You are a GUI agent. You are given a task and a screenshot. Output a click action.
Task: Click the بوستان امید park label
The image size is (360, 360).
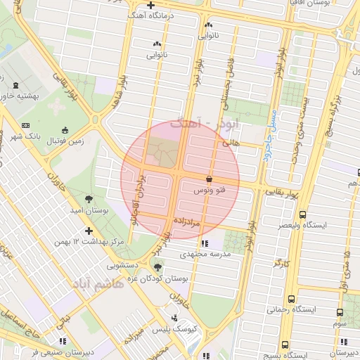90,210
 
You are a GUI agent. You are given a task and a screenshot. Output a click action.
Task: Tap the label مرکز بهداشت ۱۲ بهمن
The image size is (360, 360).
88,242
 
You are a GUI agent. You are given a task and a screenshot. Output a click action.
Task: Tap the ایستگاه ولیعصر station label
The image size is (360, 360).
325,225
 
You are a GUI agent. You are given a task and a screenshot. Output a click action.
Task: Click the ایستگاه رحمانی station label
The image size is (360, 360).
316,309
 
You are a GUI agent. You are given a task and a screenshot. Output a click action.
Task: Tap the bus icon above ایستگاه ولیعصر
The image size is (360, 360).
302,215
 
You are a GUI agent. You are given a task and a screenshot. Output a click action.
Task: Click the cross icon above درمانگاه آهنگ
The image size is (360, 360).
150,5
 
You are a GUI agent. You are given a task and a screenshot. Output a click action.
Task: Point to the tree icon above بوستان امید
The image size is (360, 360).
89,200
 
